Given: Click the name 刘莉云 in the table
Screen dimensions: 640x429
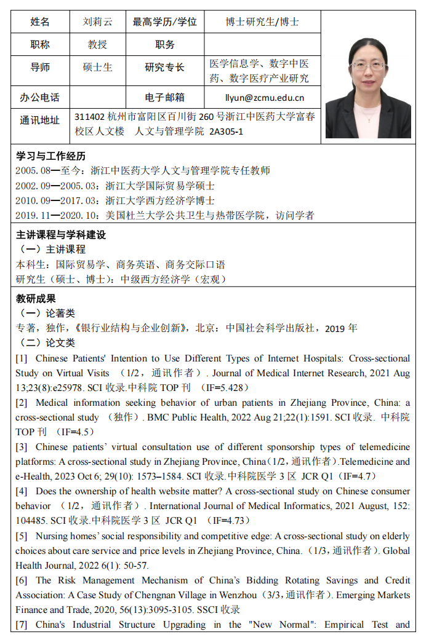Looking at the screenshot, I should pos(98,22).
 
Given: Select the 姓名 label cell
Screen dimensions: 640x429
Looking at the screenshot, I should pos(40,22).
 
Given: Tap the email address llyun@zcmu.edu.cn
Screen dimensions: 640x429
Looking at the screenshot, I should pos(265,97).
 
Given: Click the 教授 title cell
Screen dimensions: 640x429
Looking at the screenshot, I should pos(98,44).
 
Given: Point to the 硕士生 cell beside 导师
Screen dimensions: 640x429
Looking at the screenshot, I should pos(98,67).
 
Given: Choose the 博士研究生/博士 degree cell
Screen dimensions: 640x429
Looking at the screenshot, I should pos(262,22).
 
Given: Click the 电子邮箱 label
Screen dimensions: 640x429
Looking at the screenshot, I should pos(164,97).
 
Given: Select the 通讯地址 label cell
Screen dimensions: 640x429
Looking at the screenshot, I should pos(40,120).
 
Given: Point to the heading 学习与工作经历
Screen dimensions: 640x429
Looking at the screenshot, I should pos(50,156).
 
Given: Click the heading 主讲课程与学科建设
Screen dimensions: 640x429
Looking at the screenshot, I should pos(61,235).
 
